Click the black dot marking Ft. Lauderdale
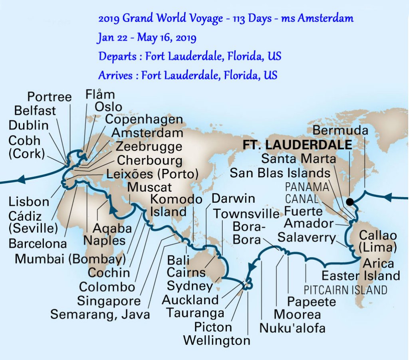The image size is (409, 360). (350, 202)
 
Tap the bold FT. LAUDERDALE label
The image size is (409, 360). (298, 145)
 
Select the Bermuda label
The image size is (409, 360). (340, 130)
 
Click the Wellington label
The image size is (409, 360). (217, 340)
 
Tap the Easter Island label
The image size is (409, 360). (361, 275)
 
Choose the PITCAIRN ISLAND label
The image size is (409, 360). (345, 289)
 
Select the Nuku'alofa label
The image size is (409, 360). (292, 328)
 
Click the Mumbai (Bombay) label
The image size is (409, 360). (70, 259)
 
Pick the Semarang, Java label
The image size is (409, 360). (100, 314)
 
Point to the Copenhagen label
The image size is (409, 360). (144, 119)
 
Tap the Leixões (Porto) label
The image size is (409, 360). (153, 174)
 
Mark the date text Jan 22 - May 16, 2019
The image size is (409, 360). (147, 38)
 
